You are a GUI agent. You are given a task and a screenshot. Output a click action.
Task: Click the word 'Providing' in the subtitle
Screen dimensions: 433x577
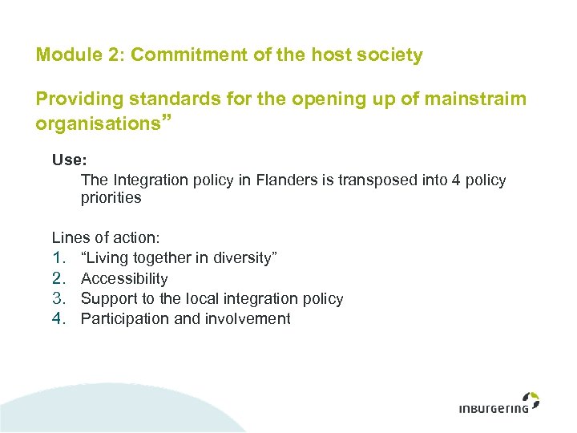coord(77,99)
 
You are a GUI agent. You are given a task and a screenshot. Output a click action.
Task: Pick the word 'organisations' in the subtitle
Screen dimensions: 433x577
coord(99,124)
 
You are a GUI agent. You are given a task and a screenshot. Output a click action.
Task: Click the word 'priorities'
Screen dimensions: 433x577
coord(111,197)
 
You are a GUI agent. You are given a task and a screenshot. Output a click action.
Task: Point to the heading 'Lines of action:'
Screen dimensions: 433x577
coord(106,237)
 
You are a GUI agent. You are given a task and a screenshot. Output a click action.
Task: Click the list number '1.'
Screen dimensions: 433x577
coord(59,257)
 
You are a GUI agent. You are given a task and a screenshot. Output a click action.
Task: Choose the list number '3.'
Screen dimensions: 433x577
coord(59,298)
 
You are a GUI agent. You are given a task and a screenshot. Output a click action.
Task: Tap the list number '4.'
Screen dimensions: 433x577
coord(59,318)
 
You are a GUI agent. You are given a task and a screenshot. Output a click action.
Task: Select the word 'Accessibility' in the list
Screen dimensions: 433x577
coord(124,278)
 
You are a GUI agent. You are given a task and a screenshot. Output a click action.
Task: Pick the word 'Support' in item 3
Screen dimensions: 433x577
coord(107,298)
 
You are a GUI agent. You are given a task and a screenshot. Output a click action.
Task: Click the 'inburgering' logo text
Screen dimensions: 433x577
coord(494,407)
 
